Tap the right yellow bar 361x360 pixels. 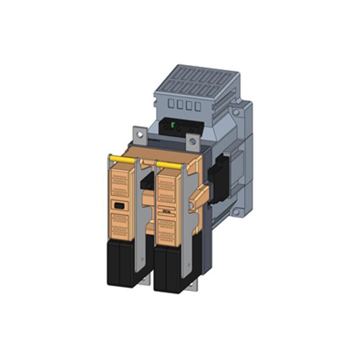[169, 165]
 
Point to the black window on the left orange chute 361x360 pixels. [118, 205]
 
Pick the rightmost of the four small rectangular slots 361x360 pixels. [197, 106]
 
